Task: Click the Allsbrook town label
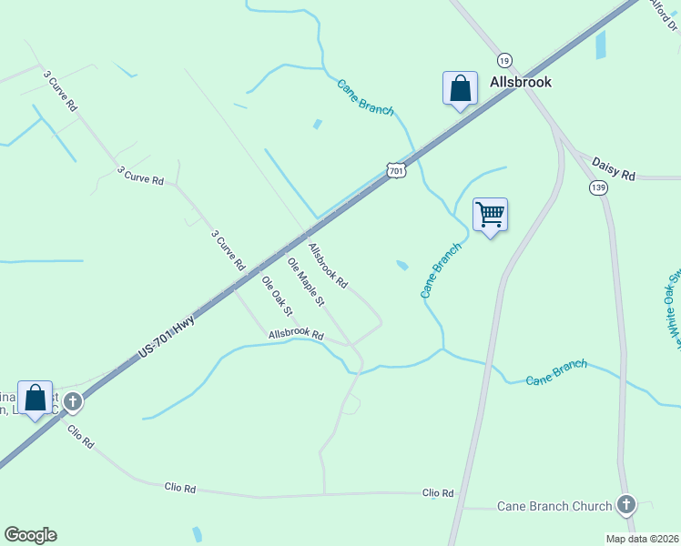click(521, 82)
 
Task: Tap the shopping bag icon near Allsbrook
click(460, 89)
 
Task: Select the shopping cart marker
click(491, 216)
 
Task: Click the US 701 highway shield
click(395, 170)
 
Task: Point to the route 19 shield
click(505, 59)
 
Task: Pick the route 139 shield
click(598, 187)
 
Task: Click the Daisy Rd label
click(613, 168)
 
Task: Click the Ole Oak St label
click(278, 296)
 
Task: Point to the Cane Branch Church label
click(554, 506)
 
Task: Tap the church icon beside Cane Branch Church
click(625, 504)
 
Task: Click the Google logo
click(30, 535)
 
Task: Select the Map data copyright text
click(642, 539)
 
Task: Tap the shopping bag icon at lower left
click(36, 399)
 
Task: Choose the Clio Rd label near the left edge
click(81, 438)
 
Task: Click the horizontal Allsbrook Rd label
click(296, 335)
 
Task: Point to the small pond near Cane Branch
click(401, 266)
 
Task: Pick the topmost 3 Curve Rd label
click(60, 91)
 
